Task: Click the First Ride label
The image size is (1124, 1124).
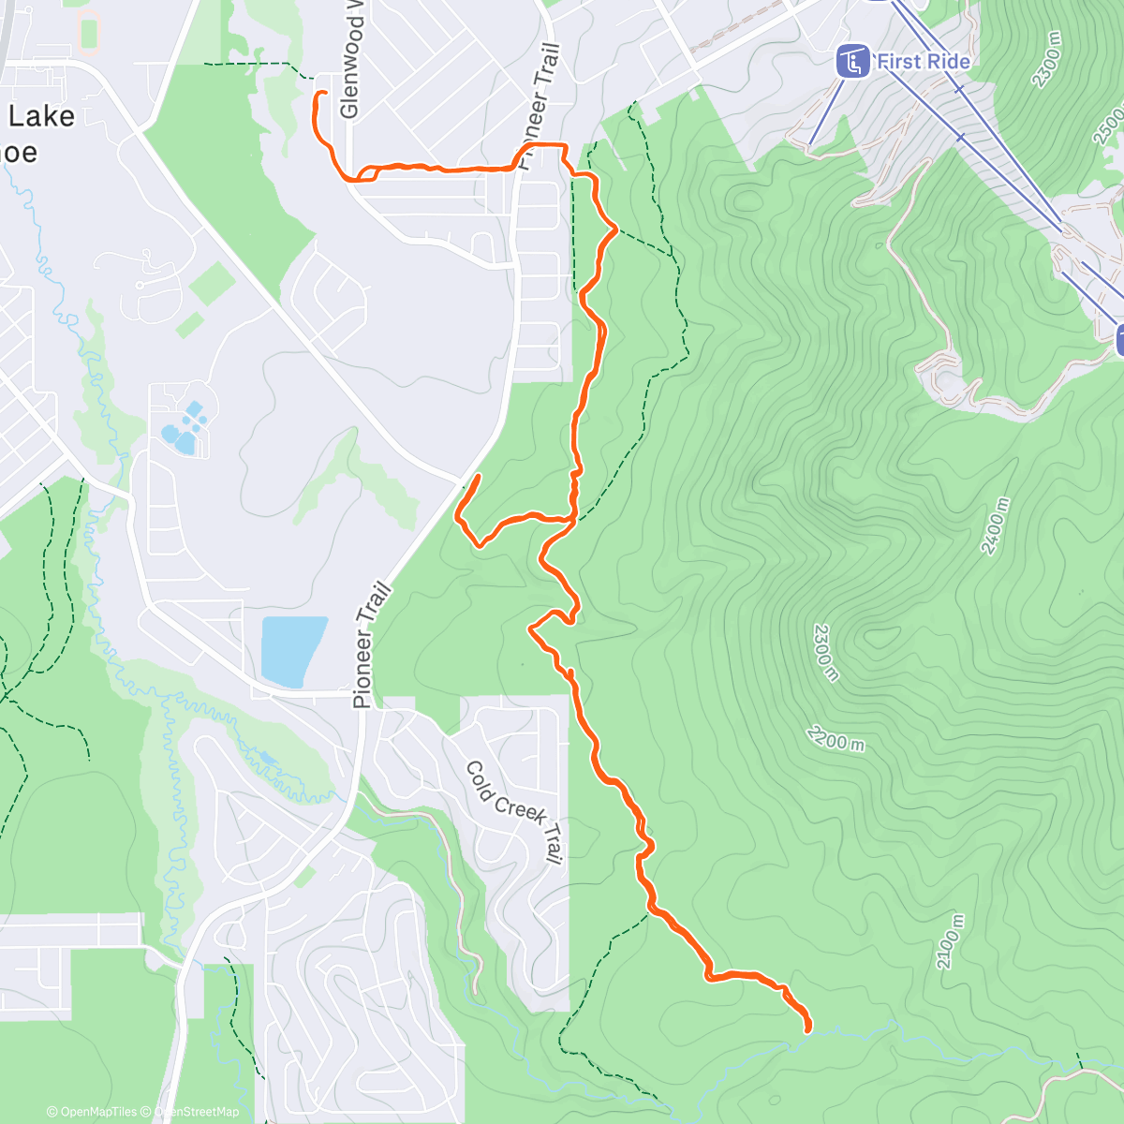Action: tap(923, 62)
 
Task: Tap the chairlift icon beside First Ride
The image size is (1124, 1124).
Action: tap(851, 62)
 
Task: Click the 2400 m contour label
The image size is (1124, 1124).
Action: tap(996, 525)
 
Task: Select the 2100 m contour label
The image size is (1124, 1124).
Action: tap(949, 941)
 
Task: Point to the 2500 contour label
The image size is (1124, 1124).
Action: tap(1108, 126)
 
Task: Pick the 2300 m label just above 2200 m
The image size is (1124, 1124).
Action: tap(824, 653)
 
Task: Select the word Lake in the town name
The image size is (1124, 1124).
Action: tap(41, 116)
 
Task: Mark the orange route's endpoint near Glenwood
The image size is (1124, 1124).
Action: tap(323, 93)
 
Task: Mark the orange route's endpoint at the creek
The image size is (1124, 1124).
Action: tap(807, 1029)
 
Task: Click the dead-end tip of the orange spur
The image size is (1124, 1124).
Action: tap(479, 477)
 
